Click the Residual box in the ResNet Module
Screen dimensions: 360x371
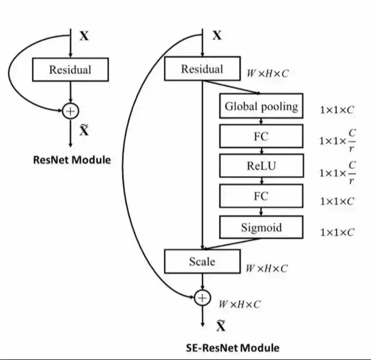click(70, 69)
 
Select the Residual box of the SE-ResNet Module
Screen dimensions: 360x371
click(202, 69)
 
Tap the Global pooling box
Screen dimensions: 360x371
click(261, 106)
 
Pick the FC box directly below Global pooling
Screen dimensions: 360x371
click(261, 137)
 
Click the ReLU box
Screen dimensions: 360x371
click(261, 166)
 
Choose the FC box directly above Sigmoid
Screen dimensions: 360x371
click(261, 196)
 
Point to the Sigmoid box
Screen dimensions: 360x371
click(261, 228)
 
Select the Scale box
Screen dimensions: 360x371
click(202, 261)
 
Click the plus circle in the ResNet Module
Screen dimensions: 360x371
click(70, 111)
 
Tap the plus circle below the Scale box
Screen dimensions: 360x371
click(202, 298)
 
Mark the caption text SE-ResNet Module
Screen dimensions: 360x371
click(232, 348)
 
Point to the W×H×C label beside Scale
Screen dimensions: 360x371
click(267, 268)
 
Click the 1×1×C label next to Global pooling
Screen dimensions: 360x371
click(337, 110)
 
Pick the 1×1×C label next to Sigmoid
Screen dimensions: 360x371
click(337, 232)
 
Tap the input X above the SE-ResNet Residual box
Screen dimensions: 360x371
click(217, 36)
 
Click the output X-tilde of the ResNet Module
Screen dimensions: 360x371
click(84, 130)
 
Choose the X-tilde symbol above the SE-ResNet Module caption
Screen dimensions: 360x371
click(220, 326)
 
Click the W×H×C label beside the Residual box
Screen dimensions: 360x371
click(268, 74)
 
